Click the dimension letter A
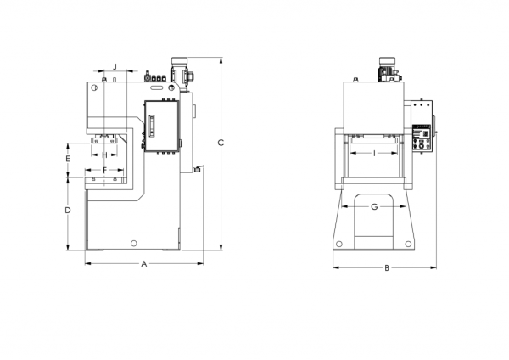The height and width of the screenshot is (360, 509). click(144, 264)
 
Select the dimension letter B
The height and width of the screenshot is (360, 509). click(387, 268)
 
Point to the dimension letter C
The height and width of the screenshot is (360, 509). click(221, 143)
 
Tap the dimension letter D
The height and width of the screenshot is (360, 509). click(68, 211)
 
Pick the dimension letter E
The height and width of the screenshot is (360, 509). click(68, 159)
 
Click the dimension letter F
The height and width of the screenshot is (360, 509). click(104, 170)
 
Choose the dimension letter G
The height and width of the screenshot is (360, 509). click(374, 206)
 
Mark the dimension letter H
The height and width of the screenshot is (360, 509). click(104, 155)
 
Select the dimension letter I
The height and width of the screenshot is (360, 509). click(374, 153)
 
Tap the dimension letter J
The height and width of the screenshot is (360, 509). click(115, 67)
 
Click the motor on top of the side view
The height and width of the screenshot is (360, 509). click(180, 72)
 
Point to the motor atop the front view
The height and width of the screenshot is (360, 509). click(389, 70)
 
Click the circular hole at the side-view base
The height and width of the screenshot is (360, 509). click(133, 243)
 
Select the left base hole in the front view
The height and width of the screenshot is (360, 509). click(339, 244)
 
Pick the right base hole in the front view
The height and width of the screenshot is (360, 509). click(408, 244)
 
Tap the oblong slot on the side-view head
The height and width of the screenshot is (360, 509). click(157, 87)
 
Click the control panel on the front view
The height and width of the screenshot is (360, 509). click(422, 138)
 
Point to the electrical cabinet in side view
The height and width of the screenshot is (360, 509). click(162, 126)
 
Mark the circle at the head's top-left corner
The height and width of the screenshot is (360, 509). click(94, 87)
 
